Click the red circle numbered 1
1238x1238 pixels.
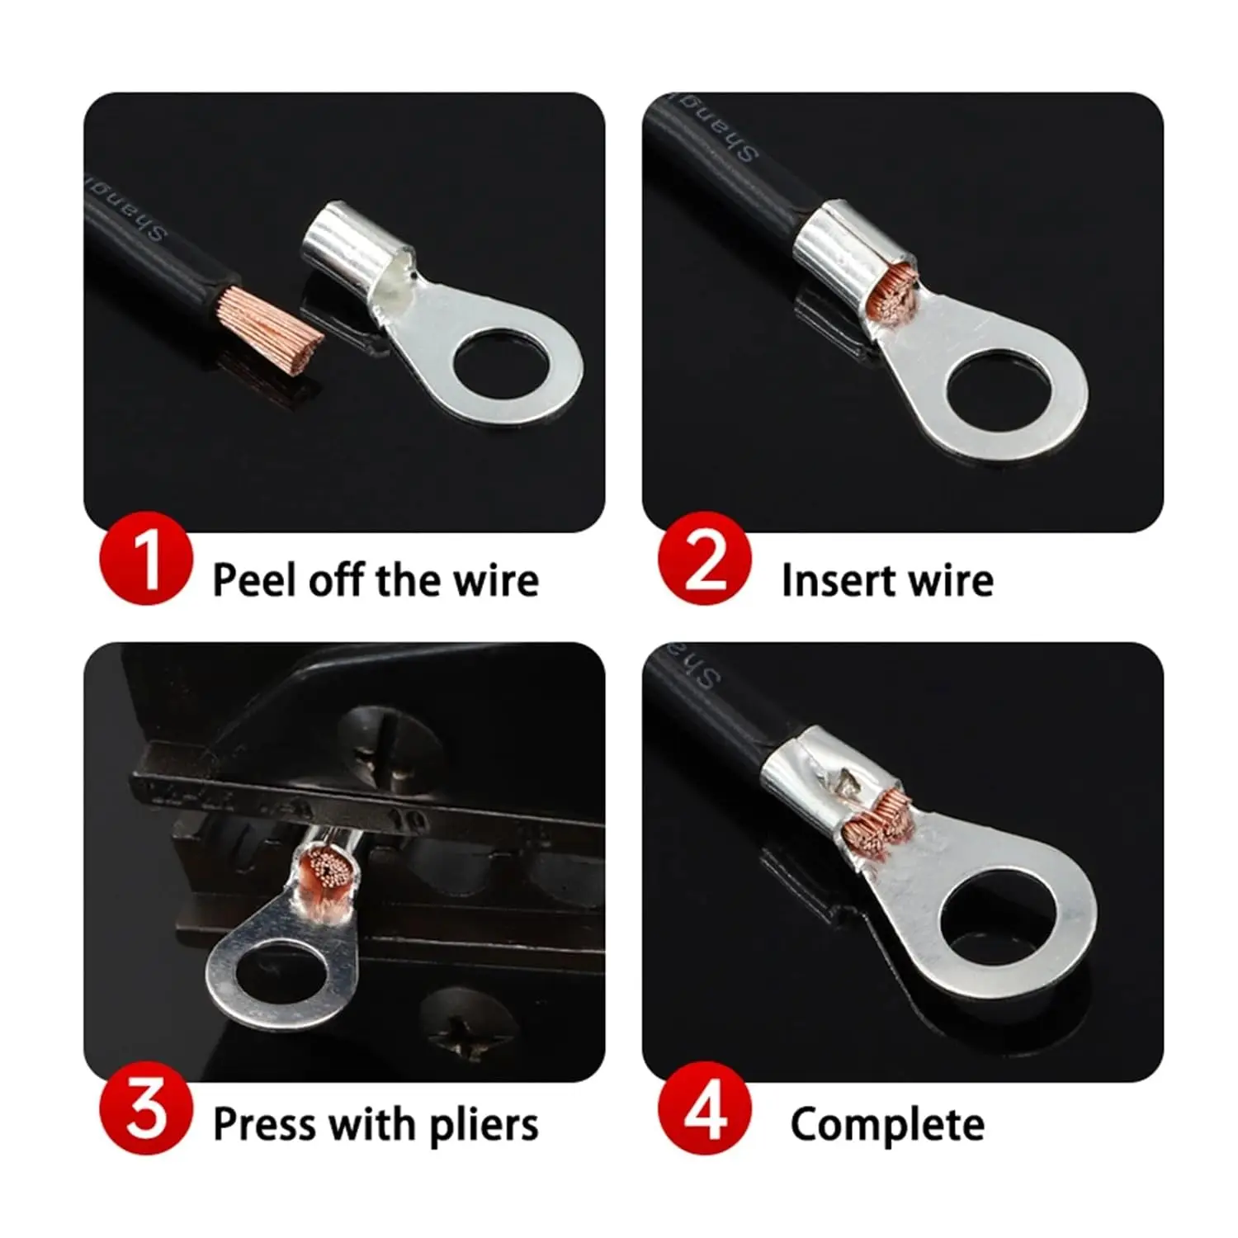(x=146, y=560)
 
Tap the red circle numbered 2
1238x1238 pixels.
(x=705, y=560)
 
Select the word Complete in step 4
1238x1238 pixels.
(x=887, y=1124)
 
